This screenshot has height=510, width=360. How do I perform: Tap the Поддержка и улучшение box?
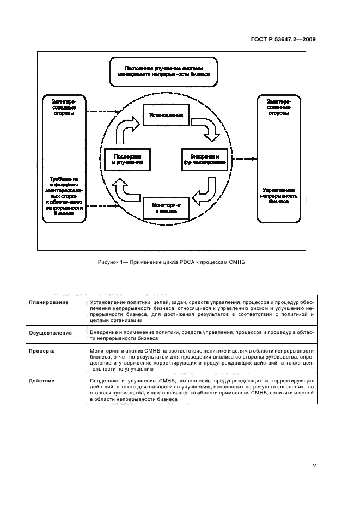127,159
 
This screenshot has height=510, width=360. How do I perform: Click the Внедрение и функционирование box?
203,159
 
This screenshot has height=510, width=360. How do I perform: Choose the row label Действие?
42,380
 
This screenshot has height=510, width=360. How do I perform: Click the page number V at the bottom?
314,465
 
